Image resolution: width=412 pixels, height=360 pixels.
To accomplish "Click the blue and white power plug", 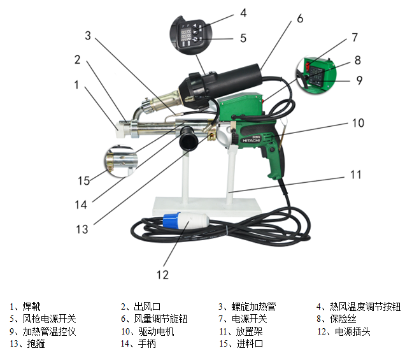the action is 186,220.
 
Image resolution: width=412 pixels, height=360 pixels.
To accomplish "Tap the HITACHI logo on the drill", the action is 251,140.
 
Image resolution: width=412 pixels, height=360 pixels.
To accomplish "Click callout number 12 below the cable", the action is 162,275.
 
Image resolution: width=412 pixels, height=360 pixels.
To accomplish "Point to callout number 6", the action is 300,18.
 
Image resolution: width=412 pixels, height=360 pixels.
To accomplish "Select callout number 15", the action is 84,181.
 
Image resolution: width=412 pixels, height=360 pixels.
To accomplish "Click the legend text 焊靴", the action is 32,306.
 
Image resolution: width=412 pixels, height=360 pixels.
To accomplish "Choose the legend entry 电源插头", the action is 352,331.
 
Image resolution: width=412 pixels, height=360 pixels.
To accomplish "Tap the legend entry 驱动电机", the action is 157,331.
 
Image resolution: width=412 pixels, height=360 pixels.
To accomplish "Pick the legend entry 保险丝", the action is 343,319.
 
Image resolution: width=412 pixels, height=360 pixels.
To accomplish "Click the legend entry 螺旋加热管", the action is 253,306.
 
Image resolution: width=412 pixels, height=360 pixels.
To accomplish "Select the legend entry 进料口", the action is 250,343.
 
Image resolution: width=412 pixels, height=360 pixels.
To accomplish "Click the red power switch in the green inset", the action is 308,66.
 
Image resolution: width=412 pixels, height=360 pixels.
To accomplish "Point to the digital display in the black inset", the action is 183,34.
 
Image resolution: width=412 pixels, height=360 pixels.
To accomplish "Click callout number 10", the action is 358,123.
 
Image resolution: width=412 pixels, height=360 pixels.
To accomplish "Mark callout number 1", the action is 76,85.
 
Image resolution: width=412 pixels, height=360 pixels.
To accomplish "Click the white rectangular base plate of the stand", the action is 207,206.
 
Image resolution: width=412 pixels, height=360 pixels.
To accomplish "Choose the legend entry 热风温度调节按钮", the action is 366,306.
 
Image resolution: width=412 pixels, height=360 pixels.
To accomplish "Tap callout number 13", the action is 82,229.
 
